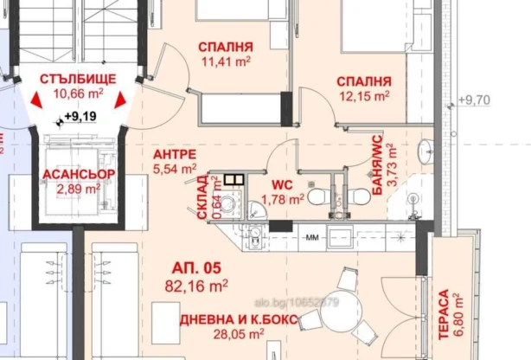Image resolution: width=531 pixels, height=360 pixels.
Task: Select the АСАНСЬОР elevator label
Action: pos(77,173)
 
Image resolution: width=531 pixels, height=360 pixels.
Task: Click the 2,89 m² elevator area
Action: pos(78,187)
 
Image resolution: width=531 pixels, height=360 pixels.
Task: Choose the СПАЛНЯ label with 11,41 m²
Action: pos(225,47)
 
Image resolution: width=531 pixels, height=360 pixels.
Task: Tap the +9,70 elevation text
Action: pos(474,100)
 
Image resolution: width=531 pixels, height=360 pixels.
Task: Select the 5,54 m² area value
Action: pos(174,169)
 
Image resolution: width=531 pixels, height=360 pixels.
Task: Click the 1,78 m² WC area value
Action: pos(285,199)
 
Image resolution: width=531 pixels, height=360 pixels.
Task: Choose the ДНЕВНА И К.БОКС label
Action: pos(238,320)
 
